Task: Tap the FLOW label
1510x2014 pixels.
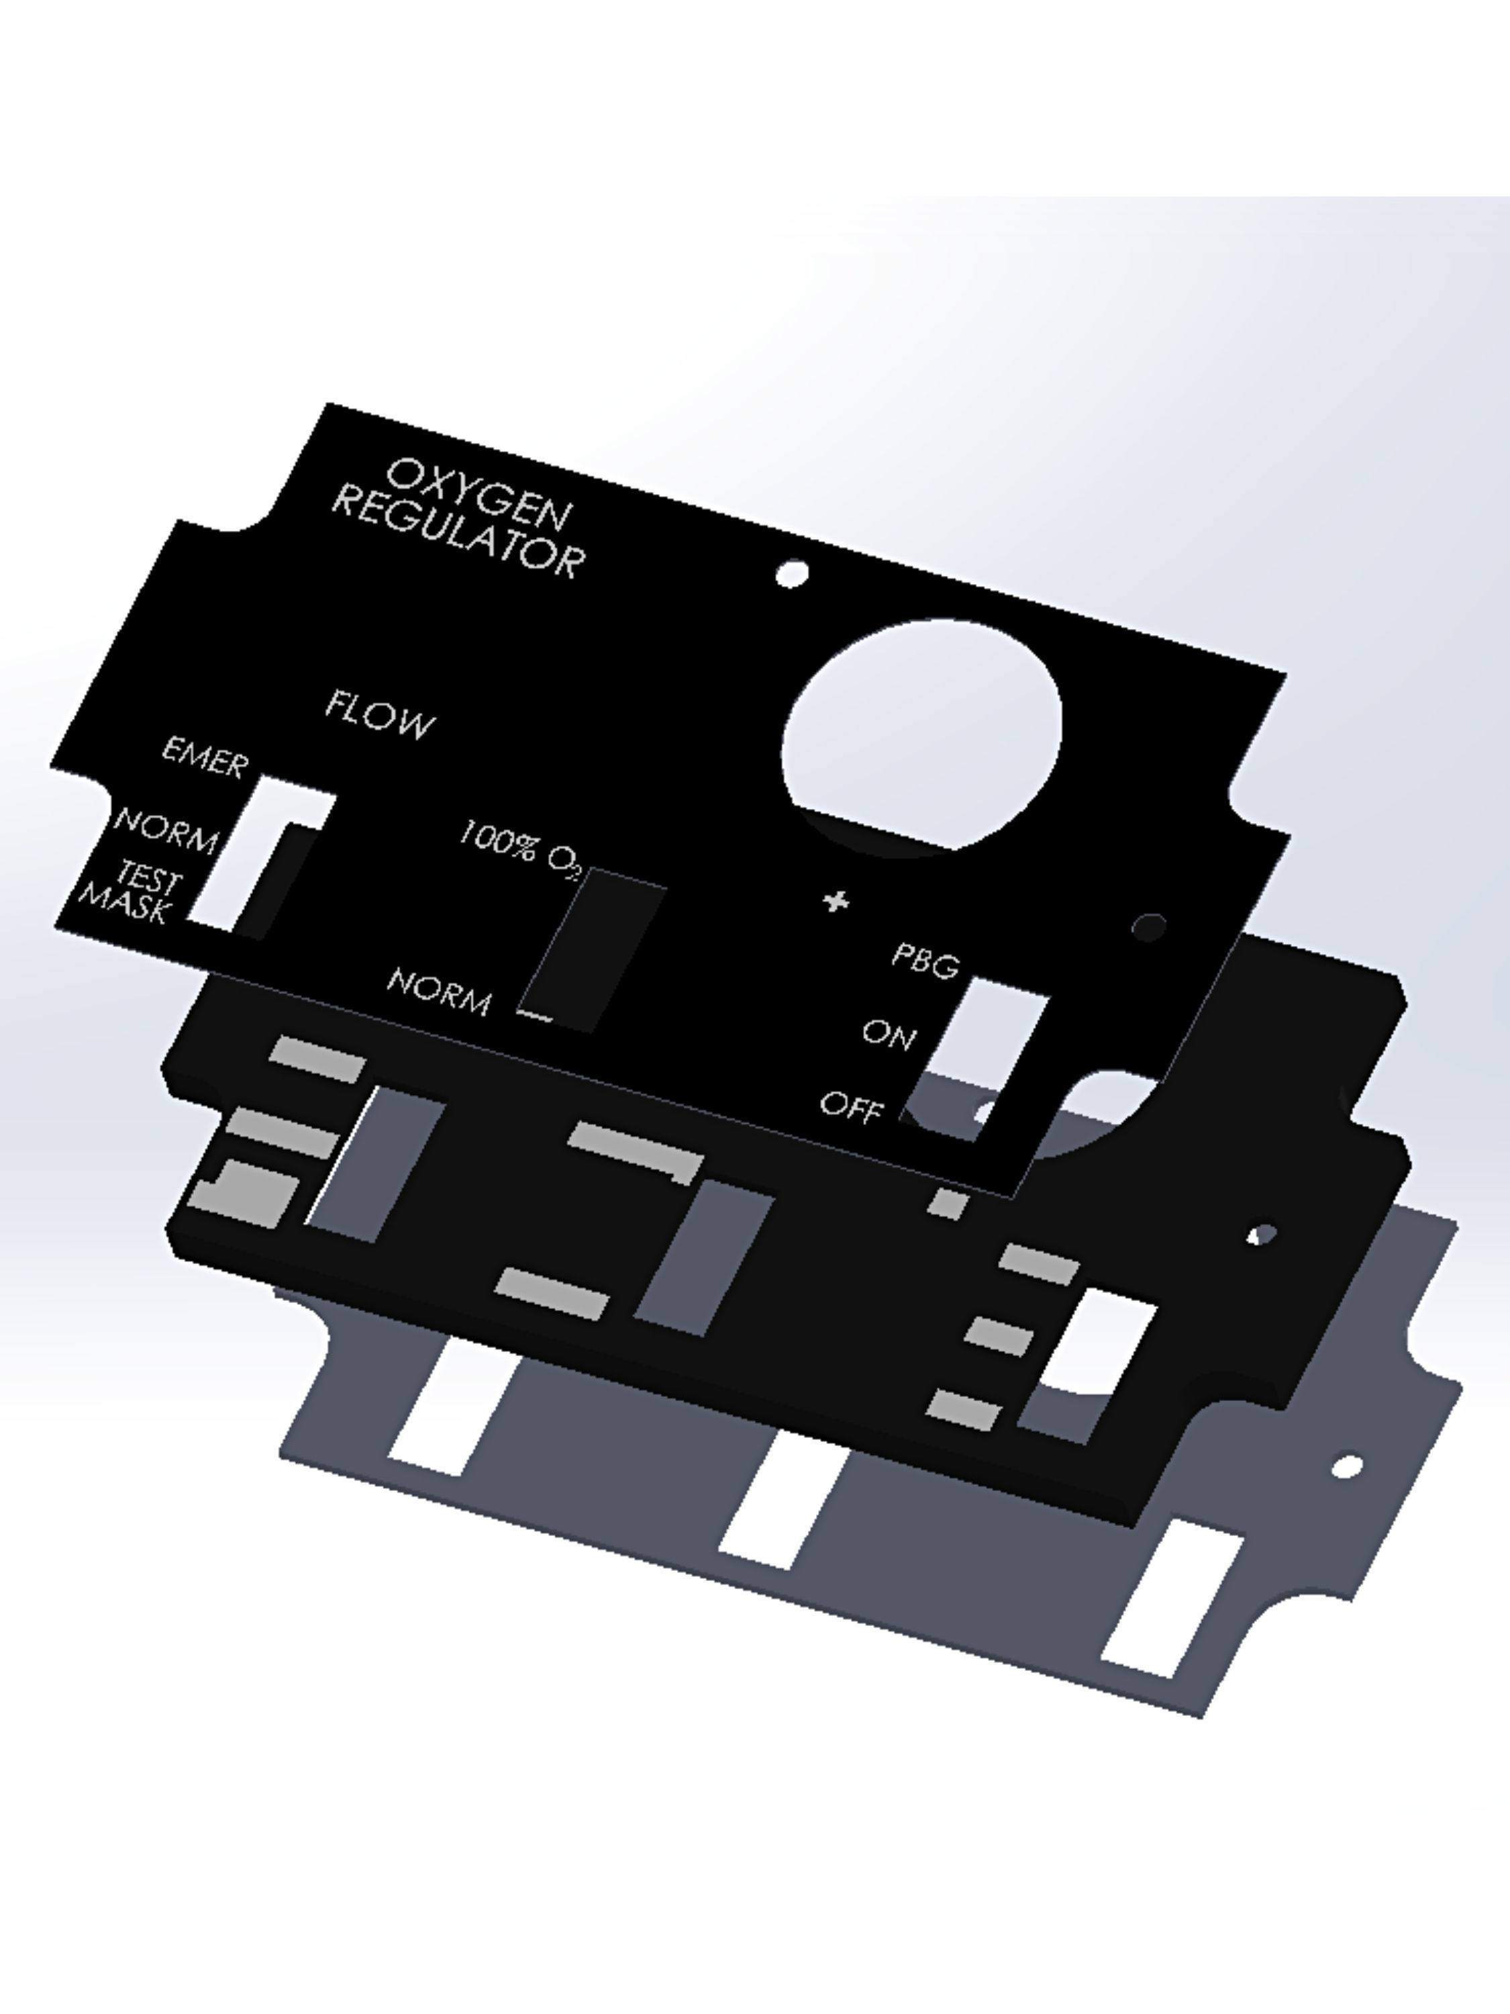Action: [x=380, y=715]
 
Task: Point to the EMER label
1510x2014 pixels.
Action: [x=205, y=757]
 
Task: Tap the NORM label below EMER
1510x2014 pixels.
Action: [x=166, y=830]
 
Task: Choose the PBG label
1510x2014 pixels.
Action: [x=925, y=959]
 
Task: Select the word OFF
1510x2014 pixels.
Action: [x=852, y=1106]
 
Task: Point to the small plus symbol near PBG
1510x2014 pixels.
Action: [x=836, y=902]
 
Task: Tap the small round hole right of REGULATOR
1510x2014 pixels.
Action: [x=792, y=573]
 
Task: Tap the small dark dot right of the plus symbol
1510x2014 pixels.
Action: [x=1149, y=927]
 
